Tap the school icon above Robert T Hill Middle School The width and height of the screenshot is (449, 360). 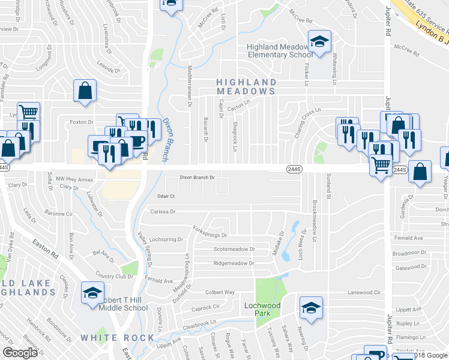click(x=92, y=293)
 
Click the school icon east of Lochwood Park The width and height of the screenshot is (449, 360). click(x=310, y=308)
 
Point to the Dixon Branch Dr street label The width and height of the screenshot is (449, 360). click(x=197, y=178)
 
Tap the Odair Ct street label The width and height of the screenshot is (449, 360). click(x=165, y=196)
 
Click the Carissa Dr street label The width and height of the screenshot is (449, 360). click(x=163, y=211)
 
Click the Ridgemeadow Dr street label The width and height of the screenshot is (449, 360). click(x=234, y=263)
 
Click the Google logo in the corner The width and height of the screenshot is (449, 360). click(x=20, y=353)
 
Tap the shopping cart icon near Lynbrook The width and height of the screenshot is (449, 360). click(x=28, y=112)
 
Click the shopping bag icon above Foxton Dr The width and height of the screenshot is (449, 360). click(x=85, y=92)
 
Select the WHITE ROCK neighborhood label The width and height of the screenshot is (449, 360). click(x=118, y=338)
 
